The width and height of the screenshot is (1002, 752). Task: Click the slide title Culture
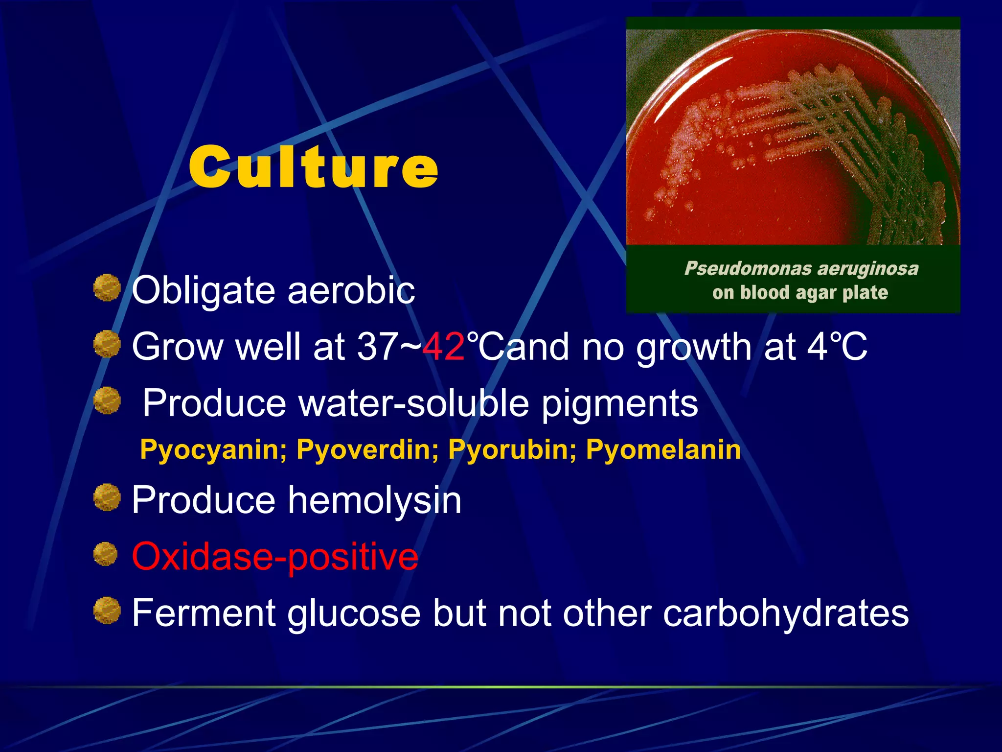point(313,167)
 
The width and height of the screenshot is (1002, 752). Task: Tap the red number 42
point(443,347)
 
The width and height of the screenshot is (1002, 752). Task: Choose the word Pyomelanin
point(663,449)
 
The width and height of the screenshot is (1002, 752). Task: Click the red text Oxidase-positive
point(275,557)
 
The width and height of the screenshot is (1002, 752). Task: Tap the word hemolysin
point(374,500)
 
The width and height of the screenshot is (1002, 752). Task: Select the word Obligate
point(204,291)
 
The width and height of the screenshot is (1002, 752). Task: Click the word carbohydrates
point(785,613)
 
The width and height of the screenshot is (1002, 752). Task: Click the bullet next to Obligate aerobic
point(107,287)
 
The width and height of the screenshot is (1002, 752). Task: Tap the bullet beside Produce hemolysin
point(107,497)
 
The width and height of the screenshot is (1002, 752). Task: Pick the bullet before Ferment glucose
point(107,611)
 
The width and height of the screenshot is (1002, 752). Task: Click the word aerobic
point(351,291)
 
